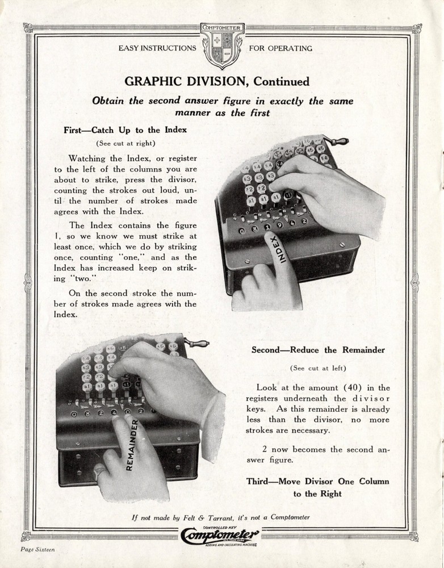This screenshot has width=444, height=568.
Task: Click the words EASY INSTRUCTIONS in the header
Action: click(157, 48)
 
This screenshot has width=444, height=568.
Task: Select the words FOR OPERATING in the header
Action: click(280, 48)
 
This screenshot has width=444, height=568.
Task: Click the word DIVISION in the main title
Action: click(218, 81)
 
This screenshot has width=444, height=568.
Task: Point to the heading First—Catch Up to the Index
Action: click(125, 130)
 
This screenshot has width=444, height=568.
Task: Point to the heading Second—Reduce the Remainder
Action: click(318, 350)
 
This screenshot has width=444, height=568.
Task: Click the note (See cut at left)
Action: click(318, 368)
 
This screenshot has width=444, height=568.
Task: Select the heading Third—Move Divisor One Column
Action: click(317, 481)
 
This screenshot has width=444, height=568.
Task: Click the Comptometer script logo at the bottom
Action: click(221, 535)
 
